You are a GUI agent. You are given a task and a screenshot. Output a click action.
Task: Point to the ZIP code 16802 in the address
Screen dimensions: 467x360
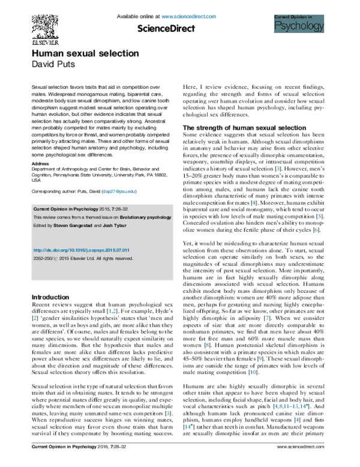point(152,174)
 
